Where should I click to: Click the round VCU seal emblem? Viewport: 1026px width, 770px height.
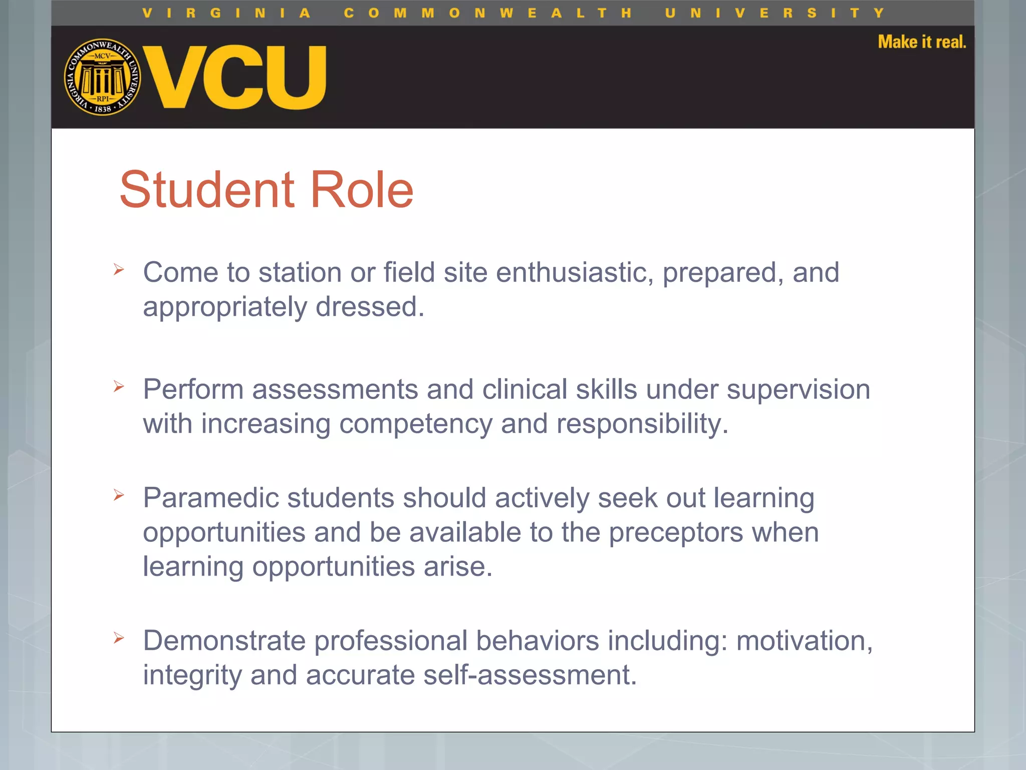tap(103, 77)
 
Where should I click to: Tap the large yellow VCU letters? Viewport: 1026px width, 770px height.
tap(234, 77)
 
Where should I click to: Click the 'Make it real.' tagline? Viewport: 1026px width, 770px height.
tap(922, 42)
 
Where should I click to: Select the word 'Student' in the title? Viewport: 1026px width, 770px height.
tap(207, 189)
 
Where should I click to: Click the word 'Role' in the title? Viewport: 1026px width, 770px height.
tap(362, 189)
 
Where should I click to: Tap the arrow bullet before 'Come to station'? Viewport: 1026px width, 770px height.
tap(119, 270)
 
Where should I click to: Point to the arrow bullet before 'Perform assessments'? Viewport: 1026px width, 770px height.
tap(119, 387)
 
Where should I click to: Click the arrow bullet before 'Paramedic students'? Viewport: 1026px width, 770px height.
tap(119, 495)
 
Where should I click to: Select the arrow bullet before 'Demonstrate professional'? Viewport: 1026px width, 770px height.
tap(119, 638)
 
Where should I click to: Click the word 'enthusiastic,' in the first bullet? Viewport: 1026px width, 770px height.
tap(575, 273)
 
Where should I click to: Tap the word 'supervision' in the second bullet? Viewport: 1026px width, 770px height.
tap(798, 390)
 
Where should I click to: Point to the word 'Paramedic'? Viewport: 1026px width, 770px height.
tap(210, 498)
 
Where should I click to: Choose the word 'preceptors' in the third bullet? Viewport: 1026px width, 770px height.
tap(676, 532)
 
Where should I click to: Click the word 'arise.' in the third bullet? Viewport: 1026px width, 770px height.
tap(458, 566)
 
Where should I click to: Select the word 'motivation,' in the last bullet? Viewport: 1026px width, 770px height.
tap(804, 641)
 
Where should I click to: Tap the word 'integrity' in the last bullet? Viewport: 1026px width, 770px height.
tap(192, 675)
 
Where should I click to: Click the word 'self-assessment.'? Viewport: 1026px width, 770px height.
tap(530, 675)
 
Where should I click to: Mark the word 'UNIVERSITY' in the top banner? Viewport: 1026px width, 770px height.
tap(774, 13)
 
